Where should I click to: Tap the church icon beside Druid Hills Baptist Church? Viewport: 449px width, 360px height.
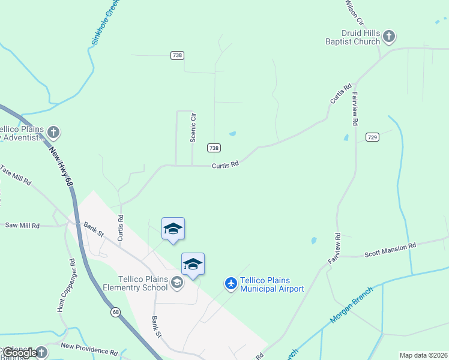(389, 37)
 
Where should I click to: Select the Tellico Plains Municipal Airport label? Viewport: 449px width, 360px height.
(272, 284)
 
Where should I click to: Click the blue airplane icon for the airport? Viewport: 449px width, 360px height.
(231, 283)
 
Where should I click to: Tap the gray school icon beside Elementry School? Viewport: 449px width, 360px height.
(176, 282)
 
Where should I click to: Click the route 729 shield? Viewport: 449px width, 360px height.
(373, 137)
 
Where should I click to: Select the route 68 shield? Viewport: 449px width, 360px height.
(116, 312)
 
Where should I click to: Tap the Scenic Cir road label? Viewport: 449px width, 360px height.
(193, 127)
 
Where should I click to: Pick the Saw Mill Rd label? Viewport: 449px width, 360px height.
(22, 226)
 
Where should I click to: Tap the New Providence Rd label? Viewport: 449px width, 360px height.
(89, 349)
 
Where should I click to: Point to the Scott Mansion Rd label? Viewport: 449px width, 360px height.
(390, 250)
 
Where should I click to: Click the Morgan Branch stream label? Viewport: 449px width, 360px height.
(351, 307)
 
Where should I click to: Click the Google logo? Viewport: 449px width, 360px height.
(19, 353)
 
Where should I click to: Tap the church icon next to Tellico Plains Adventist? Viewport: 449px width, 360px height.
(53, 132)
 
